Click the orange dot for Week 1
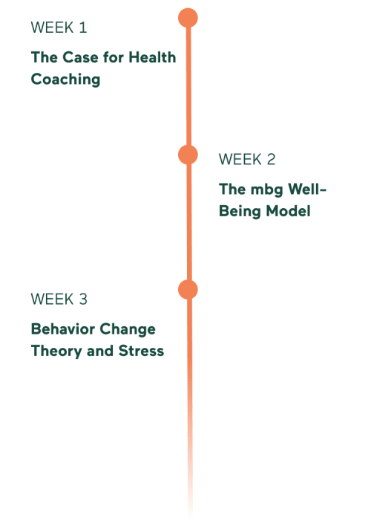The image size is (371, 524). tap(188, 18)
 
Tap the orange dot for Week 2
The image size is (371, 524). tap(188, 155)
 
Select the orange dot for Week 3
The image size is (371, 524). tap(188, 289)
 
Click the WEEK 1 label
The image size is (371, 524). tap(59, 28)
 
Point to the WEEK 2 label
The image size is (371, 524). tap(247, 159)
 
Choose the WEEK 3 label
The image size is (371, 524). tap(59, 299)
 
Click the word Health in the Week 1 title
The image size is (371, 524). tap(152, 57)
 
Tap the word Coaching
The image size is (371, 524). tap(65, 80)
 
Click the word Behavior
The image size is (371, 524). tap(63, 329)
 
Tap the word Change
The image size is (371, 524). tap(128, 330)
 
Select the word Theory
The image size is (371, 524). tap(56, 352)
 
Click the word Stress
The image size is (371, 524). tap(141, 351)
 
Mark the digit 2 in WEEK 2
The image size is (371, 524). tap(272, 159)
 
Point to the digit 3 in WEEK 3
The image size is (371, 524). tap(83, 299)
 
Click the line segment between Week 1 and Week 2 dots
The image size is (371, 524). tap(188, 86)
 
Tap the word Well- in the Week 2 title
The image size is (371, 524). tap(307, 189)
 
